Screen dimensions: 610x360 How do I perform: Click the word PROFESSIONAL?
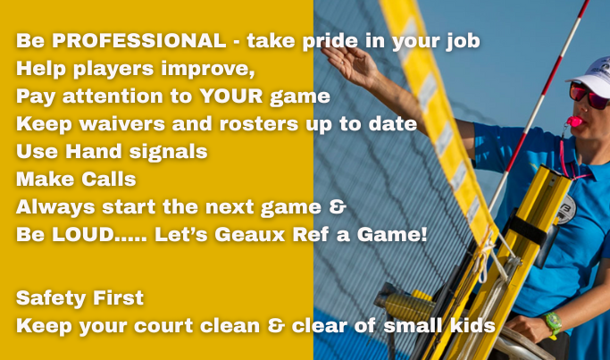pos(139,40)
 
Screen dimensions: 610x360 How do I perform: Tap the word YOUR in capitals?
pos(231,96)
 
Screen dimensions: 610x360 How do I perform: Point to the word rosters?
pos(260,124)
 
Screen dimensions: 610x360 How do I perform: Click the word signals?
pos(168,152)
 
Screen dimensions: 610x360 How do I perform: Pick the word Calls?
pos(109,179)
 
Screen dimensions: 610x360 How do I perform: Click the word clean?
pos(230,325)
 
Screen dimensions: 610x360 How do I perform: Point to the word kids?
pos(472,325)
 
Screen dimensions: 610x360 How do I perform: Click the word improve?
pos(208,69)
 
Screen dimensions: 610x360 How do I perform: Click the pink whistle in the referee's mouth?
pos(573,121)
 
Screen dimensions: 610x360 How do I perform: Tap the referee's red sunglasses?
pos(589,96)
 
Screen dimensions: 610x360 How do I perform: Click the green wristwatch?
pos(553,323)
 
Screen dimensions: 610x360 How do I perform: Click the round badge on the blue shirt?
pos(565,209)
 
